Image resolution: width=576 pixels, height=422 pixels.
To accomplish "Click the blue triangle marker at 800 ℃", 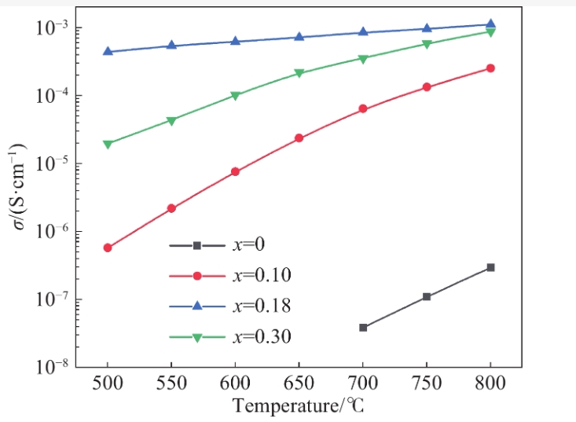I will tap(490, 24).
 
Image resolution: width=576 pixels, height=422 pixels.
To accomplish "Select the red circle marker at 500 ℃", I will tap(108, 248).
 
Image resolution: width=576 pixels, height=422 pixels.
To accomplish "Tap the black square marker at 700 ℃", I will tap(363, 327).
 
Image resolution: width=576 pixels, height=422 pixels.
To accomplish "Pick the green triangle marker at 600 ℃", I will tap(236, 96).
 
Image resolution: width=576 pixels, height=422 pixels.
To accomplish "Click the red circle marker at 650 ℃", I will tap(299, 138).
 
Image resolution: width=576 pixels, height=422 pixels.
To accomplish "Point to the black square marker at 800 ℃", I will tap(490, 267).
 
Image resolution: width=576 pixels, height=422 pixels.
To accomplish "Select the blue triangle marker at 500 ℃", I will tap(108, 51).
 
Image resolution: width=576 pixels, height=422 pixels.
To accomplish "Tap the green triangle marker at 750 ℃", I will tap(427, 44).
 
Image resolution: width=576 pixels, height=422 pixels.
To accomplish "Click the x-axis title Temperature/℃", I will tap(299, 407).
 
